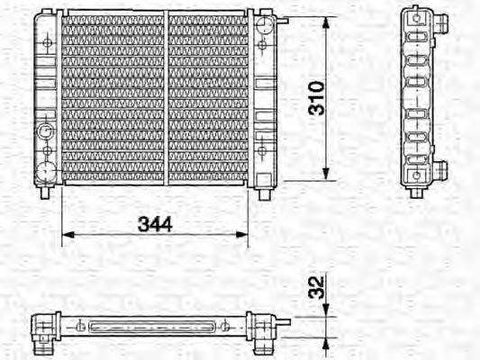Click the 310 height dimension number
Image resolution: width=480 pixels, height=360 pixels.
tap(316, 98)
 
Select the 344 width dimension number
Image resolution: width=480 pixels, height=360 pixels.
tap(155, 224)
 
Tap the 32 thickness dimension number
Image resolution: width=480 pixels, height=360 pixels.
tap(316, 287)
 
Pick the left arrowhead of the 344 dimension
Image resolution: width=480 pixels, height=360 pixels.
tap(68, 235)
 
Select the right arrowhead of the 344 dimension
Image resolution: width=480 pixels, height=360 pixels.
tap(241, 235)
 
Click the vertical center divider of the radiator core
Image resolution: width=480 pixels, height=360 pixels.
tap(167, 98)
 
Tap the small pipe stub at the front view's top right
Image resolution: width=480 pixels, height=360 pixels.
tap(283, 21)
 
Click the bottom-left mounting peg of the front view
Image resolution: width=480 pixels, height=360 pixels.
tap(45, 193)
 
